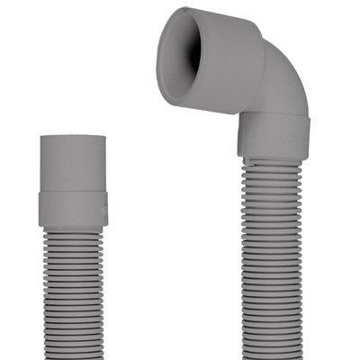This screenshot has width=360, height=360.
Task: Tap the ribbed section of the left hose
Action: coord(75,288)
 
